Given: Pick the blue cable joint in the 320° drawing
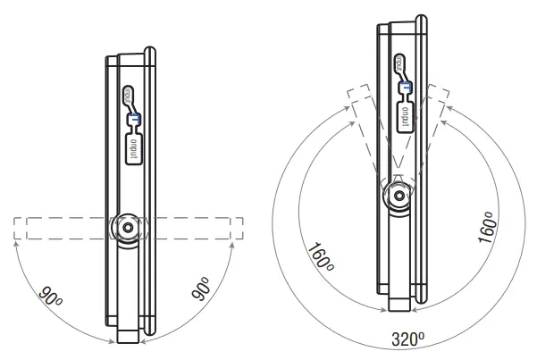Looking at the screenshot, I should click(x=405, y=86).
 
